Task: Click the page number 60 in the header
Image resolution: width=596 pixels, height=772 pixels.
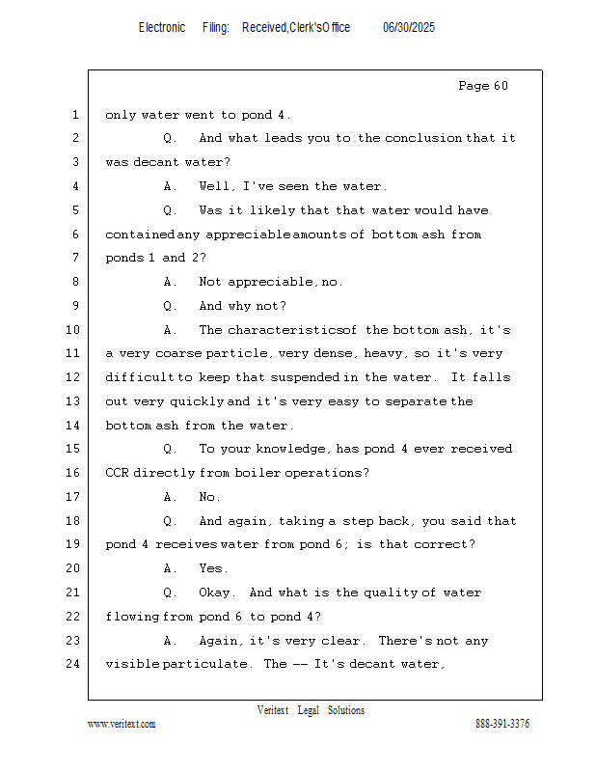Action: pos(501,86)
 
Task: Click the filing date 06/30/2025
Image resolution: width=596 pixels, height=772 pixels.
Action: pos(409,28)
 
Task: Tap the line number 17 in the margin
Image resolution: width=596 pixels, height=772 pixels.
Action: pos(72,496)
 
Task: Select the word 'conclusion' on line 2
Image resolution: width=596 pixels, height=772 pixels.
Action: pos(423,138)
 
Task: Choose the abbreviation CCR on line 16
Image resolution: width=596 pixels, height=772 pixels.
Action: pos(117,473)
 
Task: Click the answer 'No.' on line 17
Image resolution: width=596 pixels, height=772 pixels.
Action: pos(209,497)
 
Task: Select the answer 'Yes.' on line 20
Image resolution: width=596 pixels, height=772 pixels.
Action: pos(213,568)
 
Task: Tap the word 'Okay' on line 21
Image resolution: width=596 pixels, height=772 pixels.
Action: pos(217,593)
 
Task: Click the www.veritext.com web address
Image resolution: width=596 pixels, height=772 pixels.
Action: pos(122,724)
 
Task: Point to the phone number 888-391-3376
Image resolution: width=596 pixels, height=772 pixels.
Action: pos(502,724)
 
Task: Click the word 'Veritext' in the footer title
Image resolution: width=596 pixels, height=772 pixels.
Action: pos(273,710)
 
